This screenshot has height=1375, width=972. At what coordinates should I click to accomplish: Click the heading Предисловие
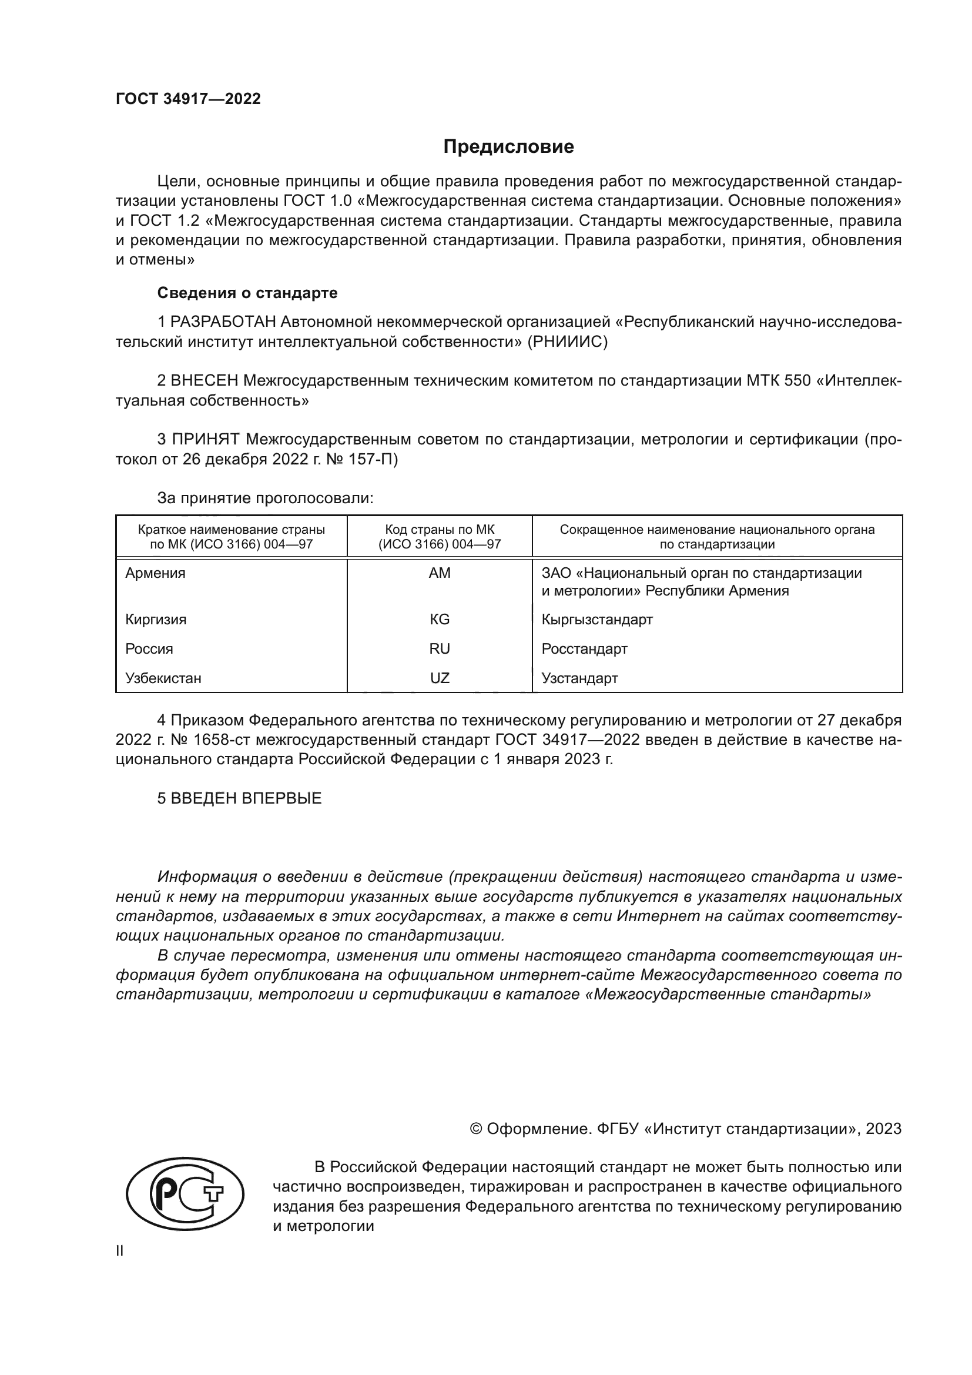(x=508, y=147)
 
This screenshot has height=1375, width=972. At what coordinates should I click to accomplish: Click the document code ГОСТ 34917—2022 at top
(x=188, y=99)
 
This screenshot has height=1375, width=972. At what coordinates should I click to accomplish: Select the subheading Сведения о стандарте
(x=247, y=293)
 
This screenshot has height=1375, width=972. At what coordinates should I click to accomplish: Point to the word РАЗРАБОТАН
(x=223, y=322)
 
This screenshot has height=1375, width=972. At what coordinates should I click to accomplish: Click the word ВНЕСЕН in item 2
(x=205, y=381)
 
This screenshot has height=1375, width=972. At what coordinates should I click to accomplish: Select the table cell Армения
(x=155, y=573)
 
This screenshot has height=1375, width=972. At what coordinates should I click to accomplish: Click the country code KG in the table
(x=440, y=619)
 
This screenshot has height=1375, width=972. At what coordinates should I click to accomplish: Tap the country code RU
(x=440, y=648)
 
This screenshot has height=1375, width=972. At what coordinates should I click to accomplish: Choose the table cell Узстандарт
(x=579, y=678)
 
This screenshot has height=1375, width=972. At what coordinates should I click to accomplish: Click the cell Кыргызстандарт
(x=596, y=619)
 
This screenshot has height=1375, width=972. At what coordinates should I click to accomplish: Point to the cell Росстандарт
(x=584, y=648)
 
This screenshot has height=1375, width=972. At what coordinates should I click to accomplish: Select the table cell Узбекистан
(x=163, y=678)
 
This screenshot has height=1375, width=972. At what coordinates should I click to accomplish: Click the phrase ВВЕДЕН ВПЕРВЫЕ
(x=246, y=798)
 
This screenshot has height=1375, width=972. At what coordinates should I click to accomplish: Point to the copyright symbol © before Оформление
(x=476, y=1129)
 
